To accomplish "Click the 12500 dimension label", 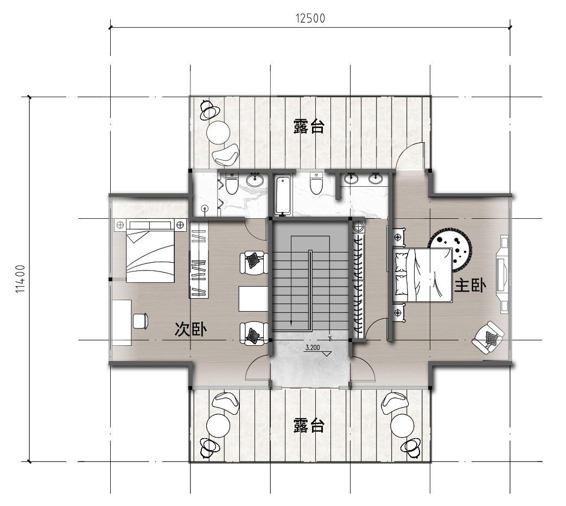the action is click(310, 18).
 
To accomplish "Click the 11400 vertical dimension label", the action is click(21, 279).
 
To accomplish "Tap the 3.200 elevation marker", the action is click(313, 348).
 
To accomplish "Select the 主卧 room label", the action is click(469, 286).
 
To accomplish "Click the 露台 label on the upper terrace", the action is click(309, 126).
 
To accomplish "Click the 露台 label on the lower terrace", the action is click(309, 425).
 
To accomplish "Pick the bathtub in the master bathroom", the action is click(283, 195).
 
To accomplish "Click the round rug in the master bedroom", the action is click(450, 249).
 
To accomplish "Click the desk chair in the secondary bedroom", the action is click(141, 321).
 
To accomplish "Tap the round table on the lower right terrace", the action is click(402, 426).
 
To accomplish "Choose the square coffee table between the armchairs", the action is click(253, 299).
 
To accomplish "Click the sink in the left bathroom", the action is click(256, 180).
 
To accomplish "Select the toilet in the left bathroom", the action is click(231, 184).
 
